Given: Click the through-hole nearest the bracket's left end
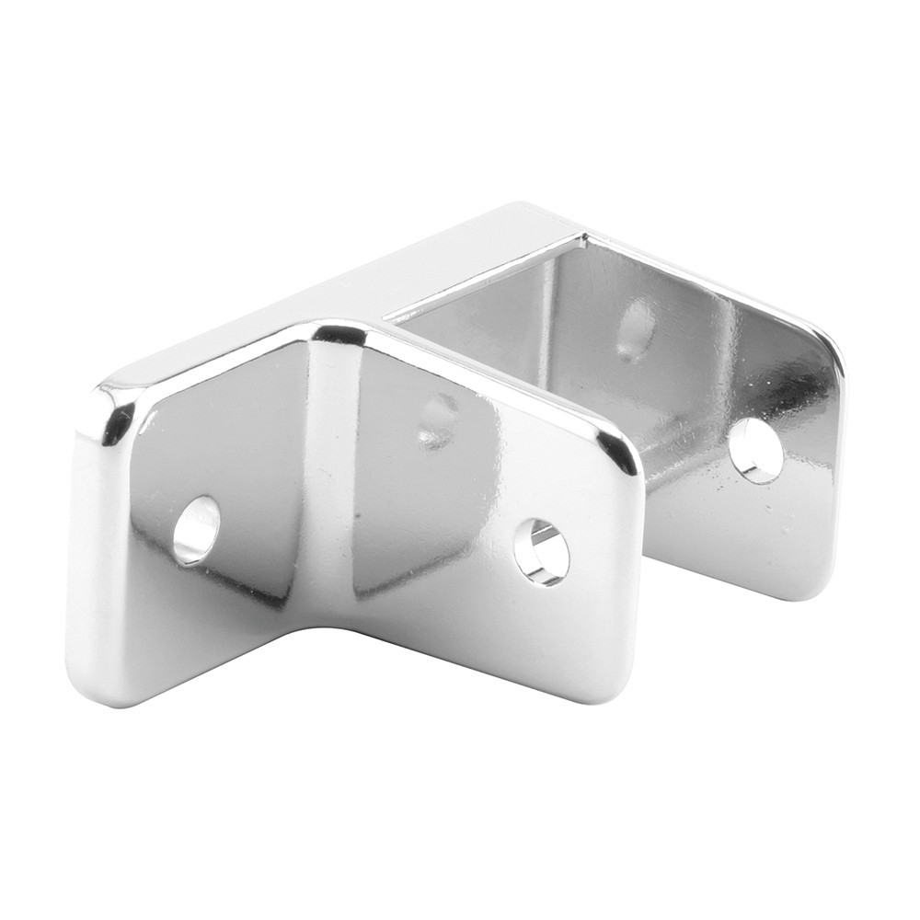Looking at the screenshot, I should pyautogui.click(x=196, y=531).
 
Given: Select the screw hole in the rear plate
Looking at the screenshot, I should pyautogui.click(x=755, y=451).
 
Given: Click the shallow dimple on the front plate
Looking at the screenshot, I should pyautogui.click(x=438, y=420).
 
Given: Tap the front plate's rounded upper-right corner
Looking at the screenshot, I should pyautogui.click(x=618, y=451).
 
